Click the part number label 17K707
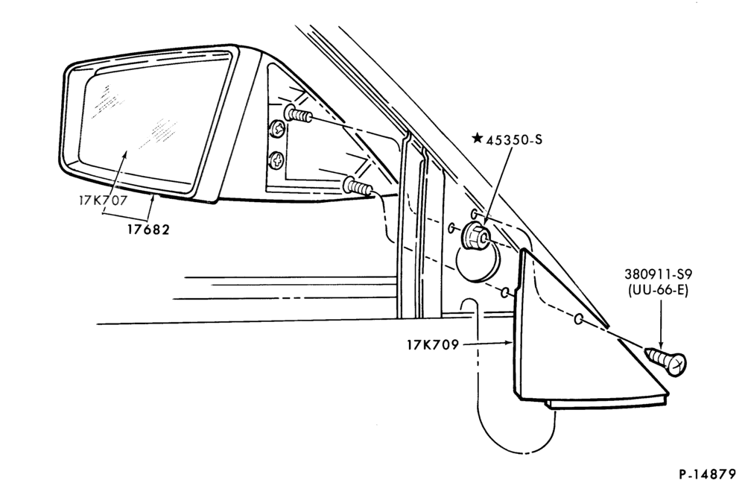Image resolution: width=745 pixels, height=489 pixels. point(103,200)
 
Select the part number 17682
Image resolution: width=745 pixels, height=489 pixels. point(148,230)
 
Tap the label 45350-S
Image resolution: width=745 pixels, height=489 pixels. point(513,139)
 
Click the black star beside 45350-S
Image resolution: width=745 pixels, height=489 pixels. point(477,139)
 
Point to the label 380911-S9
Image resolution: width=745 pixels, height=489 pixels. point(658,274)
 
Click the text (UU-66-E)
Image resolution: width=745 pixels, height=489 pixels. point(658,290)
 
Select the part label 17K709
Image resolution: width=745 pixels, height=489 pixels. point(432,344)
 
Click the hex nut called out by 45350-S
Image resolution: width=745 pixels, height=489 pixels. point(475,234)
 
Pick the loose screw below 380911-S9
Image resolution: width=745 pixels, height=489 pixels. point(665,362)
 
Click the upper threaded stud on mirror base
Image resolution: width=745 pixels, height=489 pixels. point(298,114)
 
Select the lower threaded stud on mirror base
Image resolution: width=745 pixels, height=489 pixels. point(359,186)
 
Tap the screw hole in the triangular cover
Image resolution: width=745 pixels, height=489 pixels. point(579,319)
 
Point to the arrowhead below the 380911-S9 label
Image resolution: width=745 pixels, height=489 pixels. point(661,345)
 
